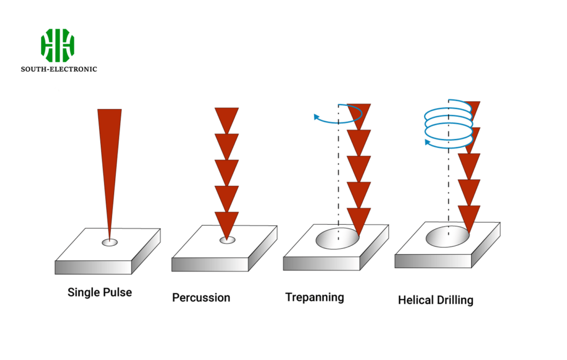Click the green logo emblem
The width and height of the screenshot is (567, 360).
[58, 45]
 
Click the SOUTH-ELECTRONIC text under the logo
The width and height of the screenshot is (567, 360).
[59, 69]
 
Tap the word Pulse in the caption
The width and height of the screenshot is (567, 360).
[117, 292]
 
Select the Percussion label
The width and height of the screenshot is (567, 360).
[201, 298]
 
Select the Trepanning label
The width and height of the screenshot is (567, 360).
[315, 297]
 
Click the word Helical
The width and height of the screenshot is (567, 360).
[415, 301]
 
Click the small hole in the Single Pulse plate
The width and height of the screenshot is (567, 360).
[110, 242]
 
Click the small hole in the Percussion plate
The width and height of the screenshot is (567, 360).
[227, 240]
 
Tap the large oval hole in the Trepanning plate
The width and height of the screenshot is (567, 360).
[337, 238]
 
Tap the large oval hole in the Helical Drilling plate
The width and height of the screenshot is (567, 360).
[447, 236]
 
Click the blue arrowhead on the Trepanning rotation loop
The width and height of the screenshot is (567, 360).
[317, 117]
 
